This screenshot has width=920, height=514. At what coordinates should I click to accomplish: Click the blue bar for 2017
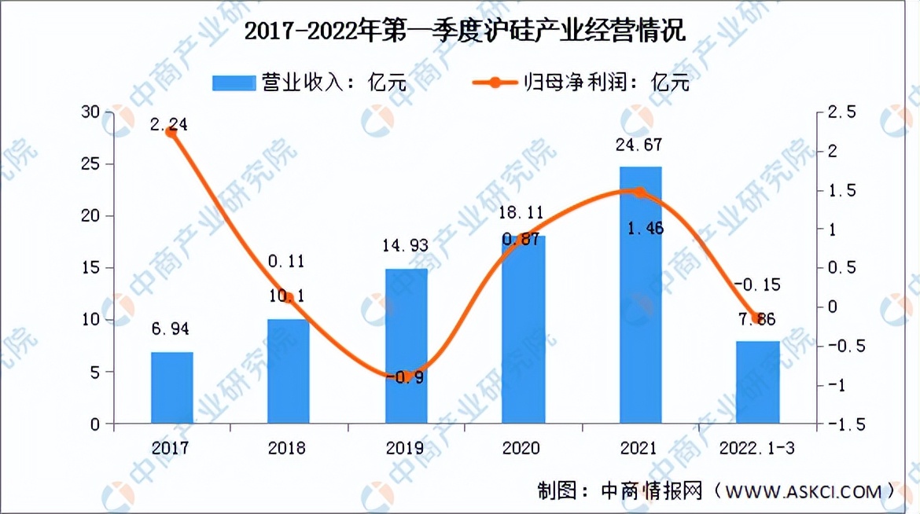pyautogui.click(x=172, y=387)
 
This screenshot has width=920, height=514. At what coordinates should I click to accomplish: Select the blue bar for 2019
pyautogui.click(x=406, y=346)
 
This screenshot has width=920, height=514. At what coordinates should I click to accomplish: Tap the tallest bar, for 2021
pyautogui.click(x=640, y=295)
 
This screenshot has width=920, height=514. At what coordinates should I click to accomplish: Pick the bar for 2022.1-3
pyautogui.click(x=758, y=382)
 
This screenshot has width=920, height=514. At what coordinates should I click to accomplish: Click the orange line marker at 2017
pyautogui.click(x=171, y=133)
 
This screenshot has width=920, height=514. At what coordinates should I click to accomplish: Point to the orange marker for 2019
pyautogui.click(x=406, y=376)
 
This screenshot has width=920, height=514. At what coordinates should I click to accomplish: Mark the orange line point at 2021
pyautogui.click(x=639, y=193)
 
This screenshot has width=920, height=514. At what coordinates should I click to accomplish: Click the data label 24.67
pyautogui.click(x=640, y=144)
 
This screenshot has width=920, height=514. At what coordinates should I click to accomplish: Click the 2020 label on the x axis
pyautogui.click(x=524, y=449)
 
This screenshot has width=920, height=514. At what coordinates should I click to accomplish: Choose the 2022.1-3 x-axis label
pyautogui.click(x=758, y=449)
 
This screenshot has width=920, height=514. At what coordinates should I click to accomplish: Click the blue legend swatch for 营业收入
pyautogui.click(x=234, y=83)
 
